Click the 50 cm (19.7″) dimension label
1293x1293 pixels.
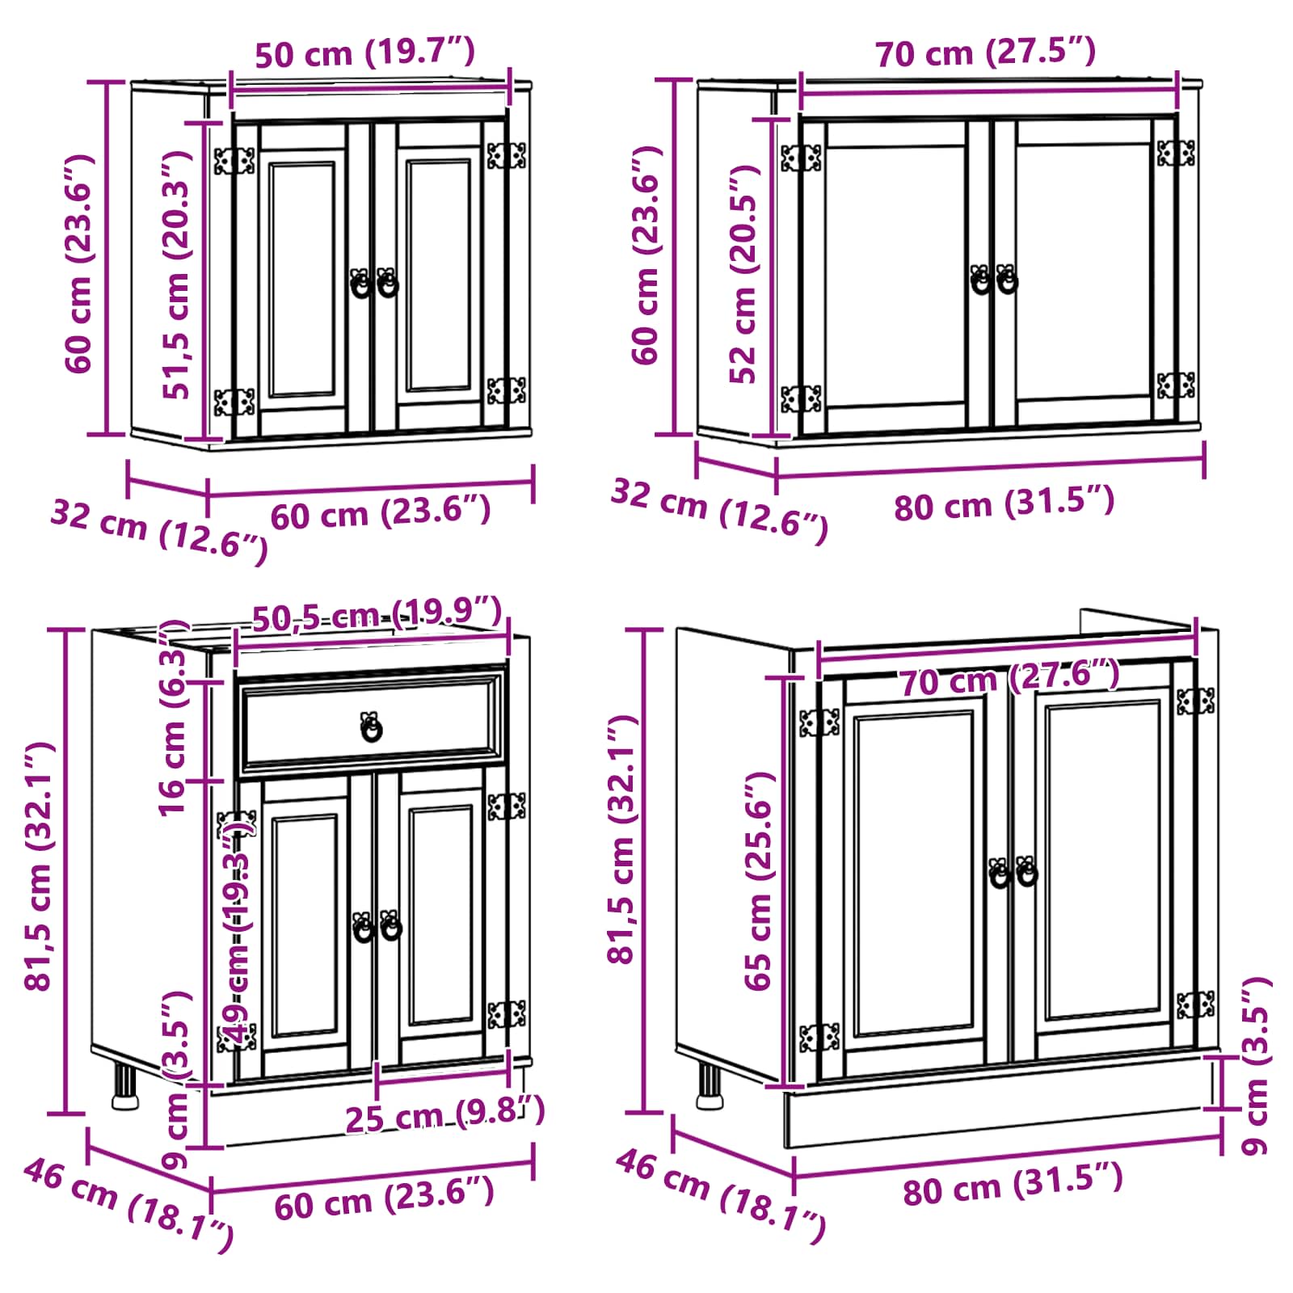[x=364, y=53]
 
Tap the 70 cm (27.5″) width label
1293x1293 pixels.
[x=985, y=53]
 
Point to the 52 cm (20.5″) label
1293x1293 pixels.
[x=744, y=274]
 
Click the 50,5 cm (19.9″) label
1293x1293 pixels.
[x=377, y=616]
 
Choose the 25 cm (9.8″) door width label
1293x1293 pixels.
[x=445, y=1115]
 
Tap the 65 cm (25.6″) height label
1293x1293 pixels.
[x=759, y=881]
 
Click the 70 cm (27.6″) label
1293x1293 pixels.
[x=1010, y=677]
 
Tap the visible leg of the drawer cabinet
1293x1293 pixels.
[x=124, y=1087]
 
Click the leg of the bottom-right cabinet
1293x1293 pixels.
[x=709, y=1086]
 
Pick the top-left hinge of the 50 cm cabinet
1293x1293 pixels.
[x=234, y=160]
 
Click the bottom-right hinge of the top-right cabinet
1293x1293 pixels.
[x=1176, y=385]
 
